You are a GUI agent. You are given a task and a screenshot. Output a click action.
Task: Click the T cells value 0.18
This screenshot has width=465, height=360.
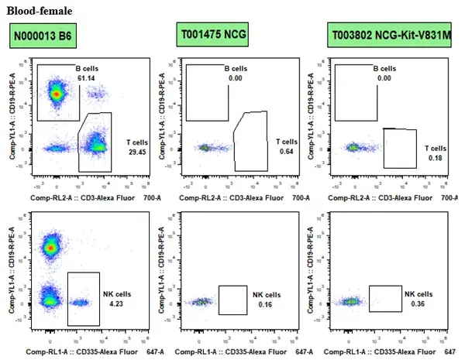[436, 158]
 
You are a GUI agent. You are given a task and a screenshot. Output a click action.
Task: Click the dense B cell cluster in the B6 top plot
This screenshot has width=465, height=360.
[55, 92]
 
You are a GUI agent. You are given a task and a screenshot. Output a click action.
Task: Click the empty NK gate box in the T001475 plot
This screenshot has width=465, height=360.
[232, 300]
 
